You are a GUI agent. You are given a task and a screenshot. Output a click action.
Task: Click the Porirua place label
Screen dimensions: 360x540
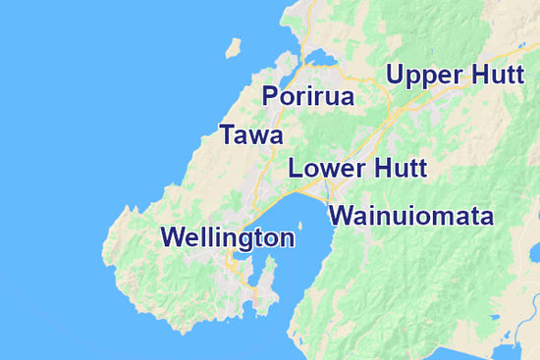tap(307, 96)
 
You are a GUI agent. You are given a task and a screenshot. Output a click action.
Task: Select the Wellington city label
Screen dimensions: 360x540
tap(228, 236)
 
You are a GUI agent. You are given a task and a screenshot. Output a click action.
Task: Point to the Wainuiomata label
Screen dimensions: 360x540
tap(410, 216)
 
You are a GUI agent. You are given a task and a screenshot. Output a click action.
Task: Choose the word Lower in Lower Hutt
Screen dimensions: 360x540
tap(321, 168)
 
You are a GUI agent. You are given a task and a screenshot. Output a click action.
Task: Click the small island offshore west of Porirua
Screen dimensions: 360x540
tap(233, 47)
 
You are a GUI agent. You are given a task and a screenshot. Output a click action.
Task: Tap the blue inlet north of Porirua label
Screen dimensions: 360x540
tap(320, 59)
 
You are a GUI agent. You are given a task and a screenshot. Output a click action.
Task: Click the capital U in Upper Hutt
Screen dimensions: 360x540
tap(396, 75)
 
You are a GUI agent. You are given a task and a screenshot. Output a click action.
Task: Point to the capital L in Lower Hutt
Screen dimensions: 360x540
tap(295, 168)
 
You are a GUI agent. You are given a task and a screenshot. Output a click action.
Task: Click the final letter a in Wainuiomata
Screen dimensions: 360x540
tap(485, 218)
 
